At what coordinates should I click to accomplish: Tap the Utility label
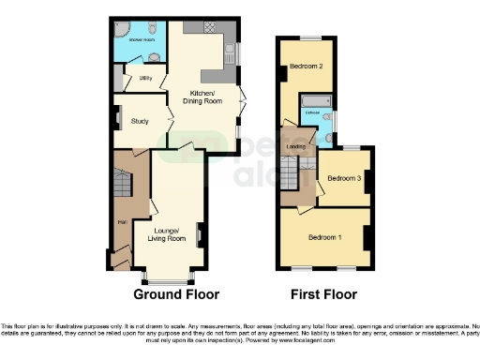point(145,80)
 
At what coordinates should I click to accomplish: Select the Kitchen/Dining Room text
point(203,97)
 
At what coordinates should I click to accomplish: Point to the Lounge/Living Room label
point(170,234)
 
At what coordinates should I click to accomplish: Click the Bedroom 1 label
point(325,236)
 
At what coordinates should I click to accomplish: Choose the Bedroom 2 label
point(307,67)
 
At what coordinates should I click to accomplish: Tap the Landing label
point(294,146)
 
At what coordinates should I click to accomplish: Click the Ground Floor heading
point(175,294)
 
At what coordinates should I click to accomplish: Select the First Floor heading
point(323,294)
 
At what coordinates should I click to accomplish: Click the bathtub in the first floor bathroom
point(309,99)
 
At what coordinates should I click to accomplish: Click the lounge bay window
point(170,278)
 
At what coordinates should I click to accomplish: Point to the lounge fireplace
point(200,233)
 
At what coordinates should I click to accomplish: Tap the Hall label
point(122,222)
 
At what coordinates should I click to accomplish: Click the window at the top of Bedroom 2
point(306,38)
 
